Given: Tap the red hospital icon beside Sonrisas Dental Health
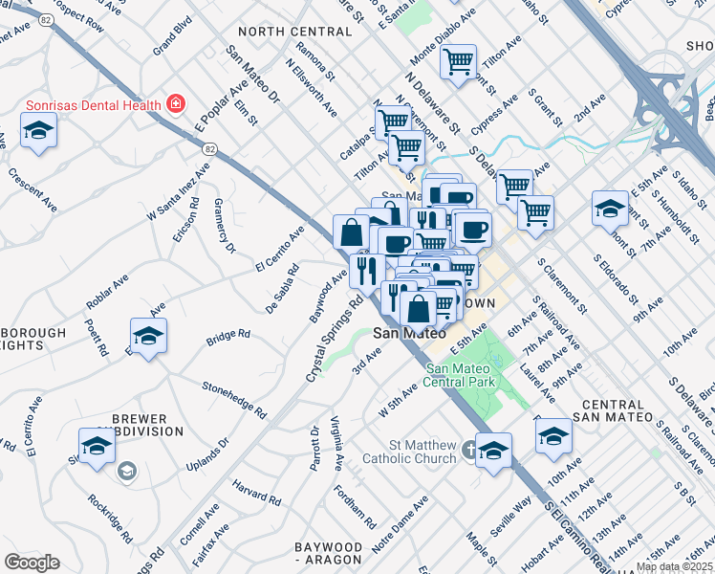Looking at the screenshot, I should point(175,102).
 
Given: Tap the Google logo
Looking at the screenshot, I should point(32,563).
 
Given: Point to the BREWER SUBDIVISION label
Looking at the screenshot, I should point(140,425).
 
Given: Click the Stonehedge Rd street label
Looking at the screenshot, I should point(233,399).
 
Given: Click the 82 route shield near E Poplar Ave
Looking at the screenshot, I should point(209,148).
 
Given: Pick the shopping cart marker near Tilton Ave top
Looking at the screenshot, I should point(459,62).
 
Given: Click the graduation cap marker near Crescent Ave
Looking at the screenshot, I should point(38,130).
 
